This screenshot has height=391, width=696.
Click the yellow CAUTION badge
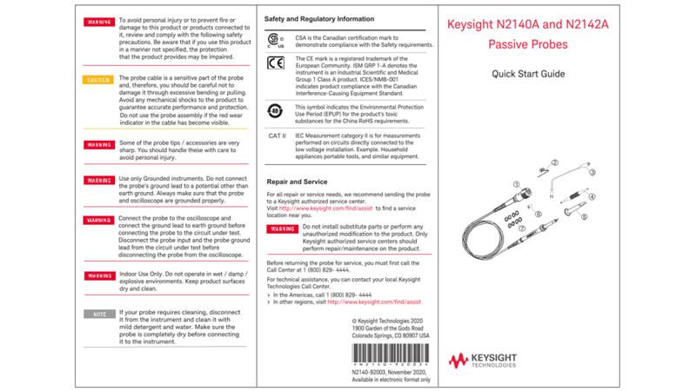tap(98, 80)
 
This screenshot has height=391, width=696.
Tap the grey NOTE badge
tap(98, 314)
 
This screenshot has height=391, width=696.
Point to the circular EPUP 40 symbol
tap(275, 111)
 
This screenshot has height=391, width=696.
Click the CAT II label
tap(277, 136)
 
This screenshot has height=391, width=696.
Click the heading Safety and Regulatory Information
tap(319, 19)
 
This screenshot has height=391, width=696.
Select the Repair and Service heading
tap(297, 182)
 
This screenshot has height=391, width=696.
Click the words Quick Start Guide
tap(528, 75)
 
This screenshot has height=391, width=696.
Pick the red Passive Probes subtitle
tap(528, 45)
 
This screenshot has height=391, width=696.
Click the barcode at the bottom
tap(389, 354)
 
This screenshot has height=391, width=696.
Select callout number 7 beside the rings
tap(522, 229)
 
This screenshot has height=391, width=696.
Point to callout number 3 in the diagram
tap(593, 173)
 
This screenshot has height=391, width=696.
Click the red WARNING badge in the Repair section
tap(282, 229)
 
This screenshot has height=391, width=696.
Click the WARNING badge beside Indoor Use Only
tap(98, 276)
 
